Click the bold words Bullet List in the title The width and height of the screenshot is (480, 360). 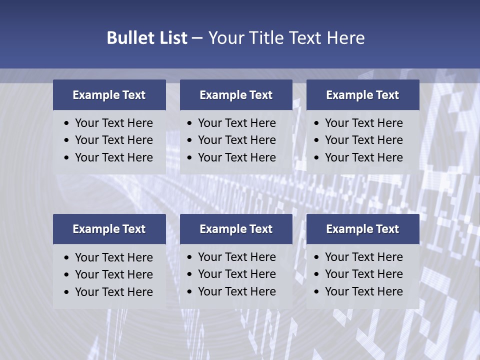pyautogui.click(x=147, y=37)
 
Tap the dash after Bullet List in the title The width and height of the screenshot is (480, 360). pyautogui.click(x=197, y=37)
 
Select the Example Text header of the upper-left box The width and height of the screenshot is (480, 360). pyautogui.click(x=109, y=95)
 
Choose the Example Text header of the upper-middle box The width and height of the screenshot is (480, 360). pyautogui.click(x=236, y=95)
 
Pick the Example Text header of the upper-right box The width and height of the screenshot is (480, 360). pyautogui.click(x=362, y=95)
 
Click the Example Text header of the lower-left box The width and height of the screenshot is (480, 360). pyautogui.click(x=109, y=229)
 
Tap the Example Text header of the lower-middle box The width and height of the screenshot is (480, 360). pyautogui.click(x=236, y=229)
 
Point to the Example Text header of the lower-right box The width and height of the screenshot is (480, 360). pyautogui.click(x=362, y=229)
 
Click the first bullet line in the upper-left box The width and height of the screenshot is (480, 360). pyautogui.click(x=113, y=123)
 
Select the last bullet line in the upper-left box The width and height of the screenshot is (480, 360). pyautogui.click(x=113, y=157)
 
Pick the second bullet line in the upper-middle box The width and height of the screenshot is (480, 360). pyautogui.click(x=236, y=140)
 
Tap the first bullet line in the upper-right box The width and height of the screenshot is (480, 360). pyautogui.click(x=363, y=123)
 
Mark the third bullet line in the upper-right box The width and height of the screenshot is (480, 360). pyautogui.click(x=363, y=157)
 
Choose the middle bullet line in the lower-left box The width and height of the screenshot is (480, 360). pyautogui.click(x=113, y=274)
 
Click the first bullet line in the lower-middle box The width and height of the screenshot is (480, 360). pyautogui.click(x=236, y=257)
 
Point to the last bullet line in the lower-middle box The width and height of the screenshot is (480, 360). pyautogui.click(x=236, y=291)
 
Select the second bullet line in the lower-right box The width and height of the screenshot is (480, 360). pyautogui.click(x=363, y=274)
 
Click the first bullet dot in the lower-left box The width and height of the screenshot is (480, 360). pyautogui.click(x=67, y=258)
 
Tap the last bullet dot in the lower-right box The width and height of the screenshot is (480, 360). pyautogui.click(x=317, y=292)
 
